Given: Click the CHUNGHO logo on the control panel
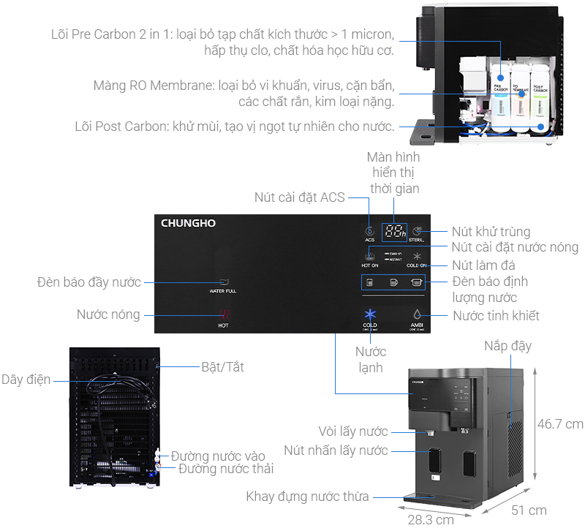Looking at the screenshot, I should tap(189, 223).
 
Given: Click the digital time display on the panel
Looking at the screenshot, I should tap(393, 232).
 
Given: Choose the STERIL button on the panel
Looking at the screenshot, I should tap(416, 231).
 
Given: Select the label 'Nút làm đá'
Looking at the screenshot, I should tap(483, 265).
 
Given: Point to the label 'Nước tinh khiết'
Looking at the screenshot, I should tap(496, 316).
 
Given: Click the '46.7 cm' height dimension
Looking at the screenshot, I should tap(560, 424).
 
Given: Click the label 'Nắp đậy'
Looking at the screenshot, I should tap(507, 346).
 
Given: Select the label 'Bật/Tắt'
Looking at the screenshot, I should tap(222, 367).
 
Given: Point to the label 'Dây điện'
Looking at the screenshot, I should tap(26, 380).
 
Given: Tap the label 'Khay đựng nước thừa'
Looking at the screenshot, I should tap(308, 497).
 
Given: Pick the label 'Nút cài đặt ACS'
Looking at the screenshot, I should tap(299, 197).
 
